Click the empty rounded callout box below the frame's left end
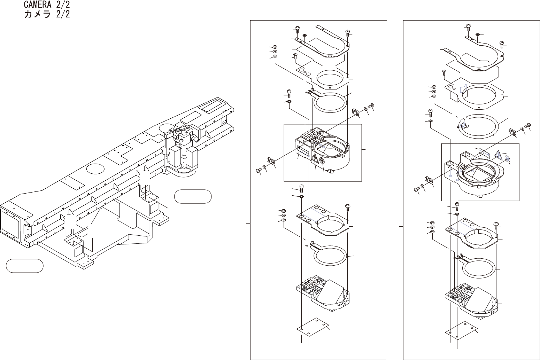point(25,266)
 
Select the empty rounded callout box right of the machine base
point(193,196)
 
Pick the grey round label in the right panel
point(507,159)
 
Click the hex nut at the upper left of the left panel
point(275,47)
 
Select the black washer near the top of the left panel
point(304,36)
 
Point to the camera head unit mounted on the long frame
point(183,150)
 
